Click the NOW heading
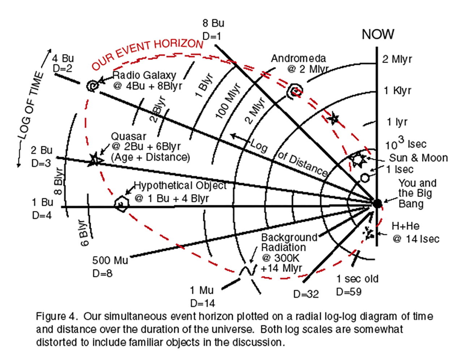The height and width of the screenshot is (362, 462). pyautogui.click(x=378, y=34)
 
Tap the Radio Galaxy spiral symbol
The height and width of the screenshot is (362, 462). pyautogui.click(x=93, y=86)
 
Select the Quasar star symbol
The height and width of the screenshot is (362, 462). pyautogui.click(x=95, y=159)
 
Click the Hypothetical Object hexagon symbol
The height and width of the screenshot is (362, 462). pyautogui.click(x=121, y=204)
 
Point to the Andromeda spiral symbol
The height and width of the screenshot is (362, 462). pyautogui.click(x=294, y=91)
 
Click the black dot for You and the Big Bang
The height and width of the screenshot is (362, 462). pyautogui.click(x=377, y=203)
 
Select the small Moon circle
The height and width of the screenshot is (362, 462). pyautogui.click(x=365, y=178)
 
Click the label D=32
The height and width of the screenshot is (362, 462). pyautogui.click(x=306, y=294)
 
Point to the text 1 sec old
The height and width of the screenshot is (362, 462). pyautogui.click(x=357, y=279)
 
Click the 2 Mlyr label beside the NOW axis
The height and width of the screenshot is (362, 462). pyautogui.click(x=397, y=59)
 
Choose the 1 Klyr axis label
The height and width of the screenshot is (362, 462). pyautogui.click(x=397, y=90)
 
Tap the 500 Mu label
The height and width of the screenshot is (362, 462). pyautogui.click(x=110, y=260)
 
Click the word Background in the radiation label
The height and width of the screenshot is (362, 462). pyautogui.click(x=289, y=237)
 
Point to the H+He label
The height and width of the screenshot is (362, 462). pyautogui.click(x=405, y=226)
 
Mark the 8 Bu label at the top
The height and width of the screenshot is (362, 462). pyautogui.click(x=213, y=23)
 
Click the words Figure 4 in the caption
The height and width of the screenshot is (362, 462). pyautogui.click(x=56, y=316)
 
